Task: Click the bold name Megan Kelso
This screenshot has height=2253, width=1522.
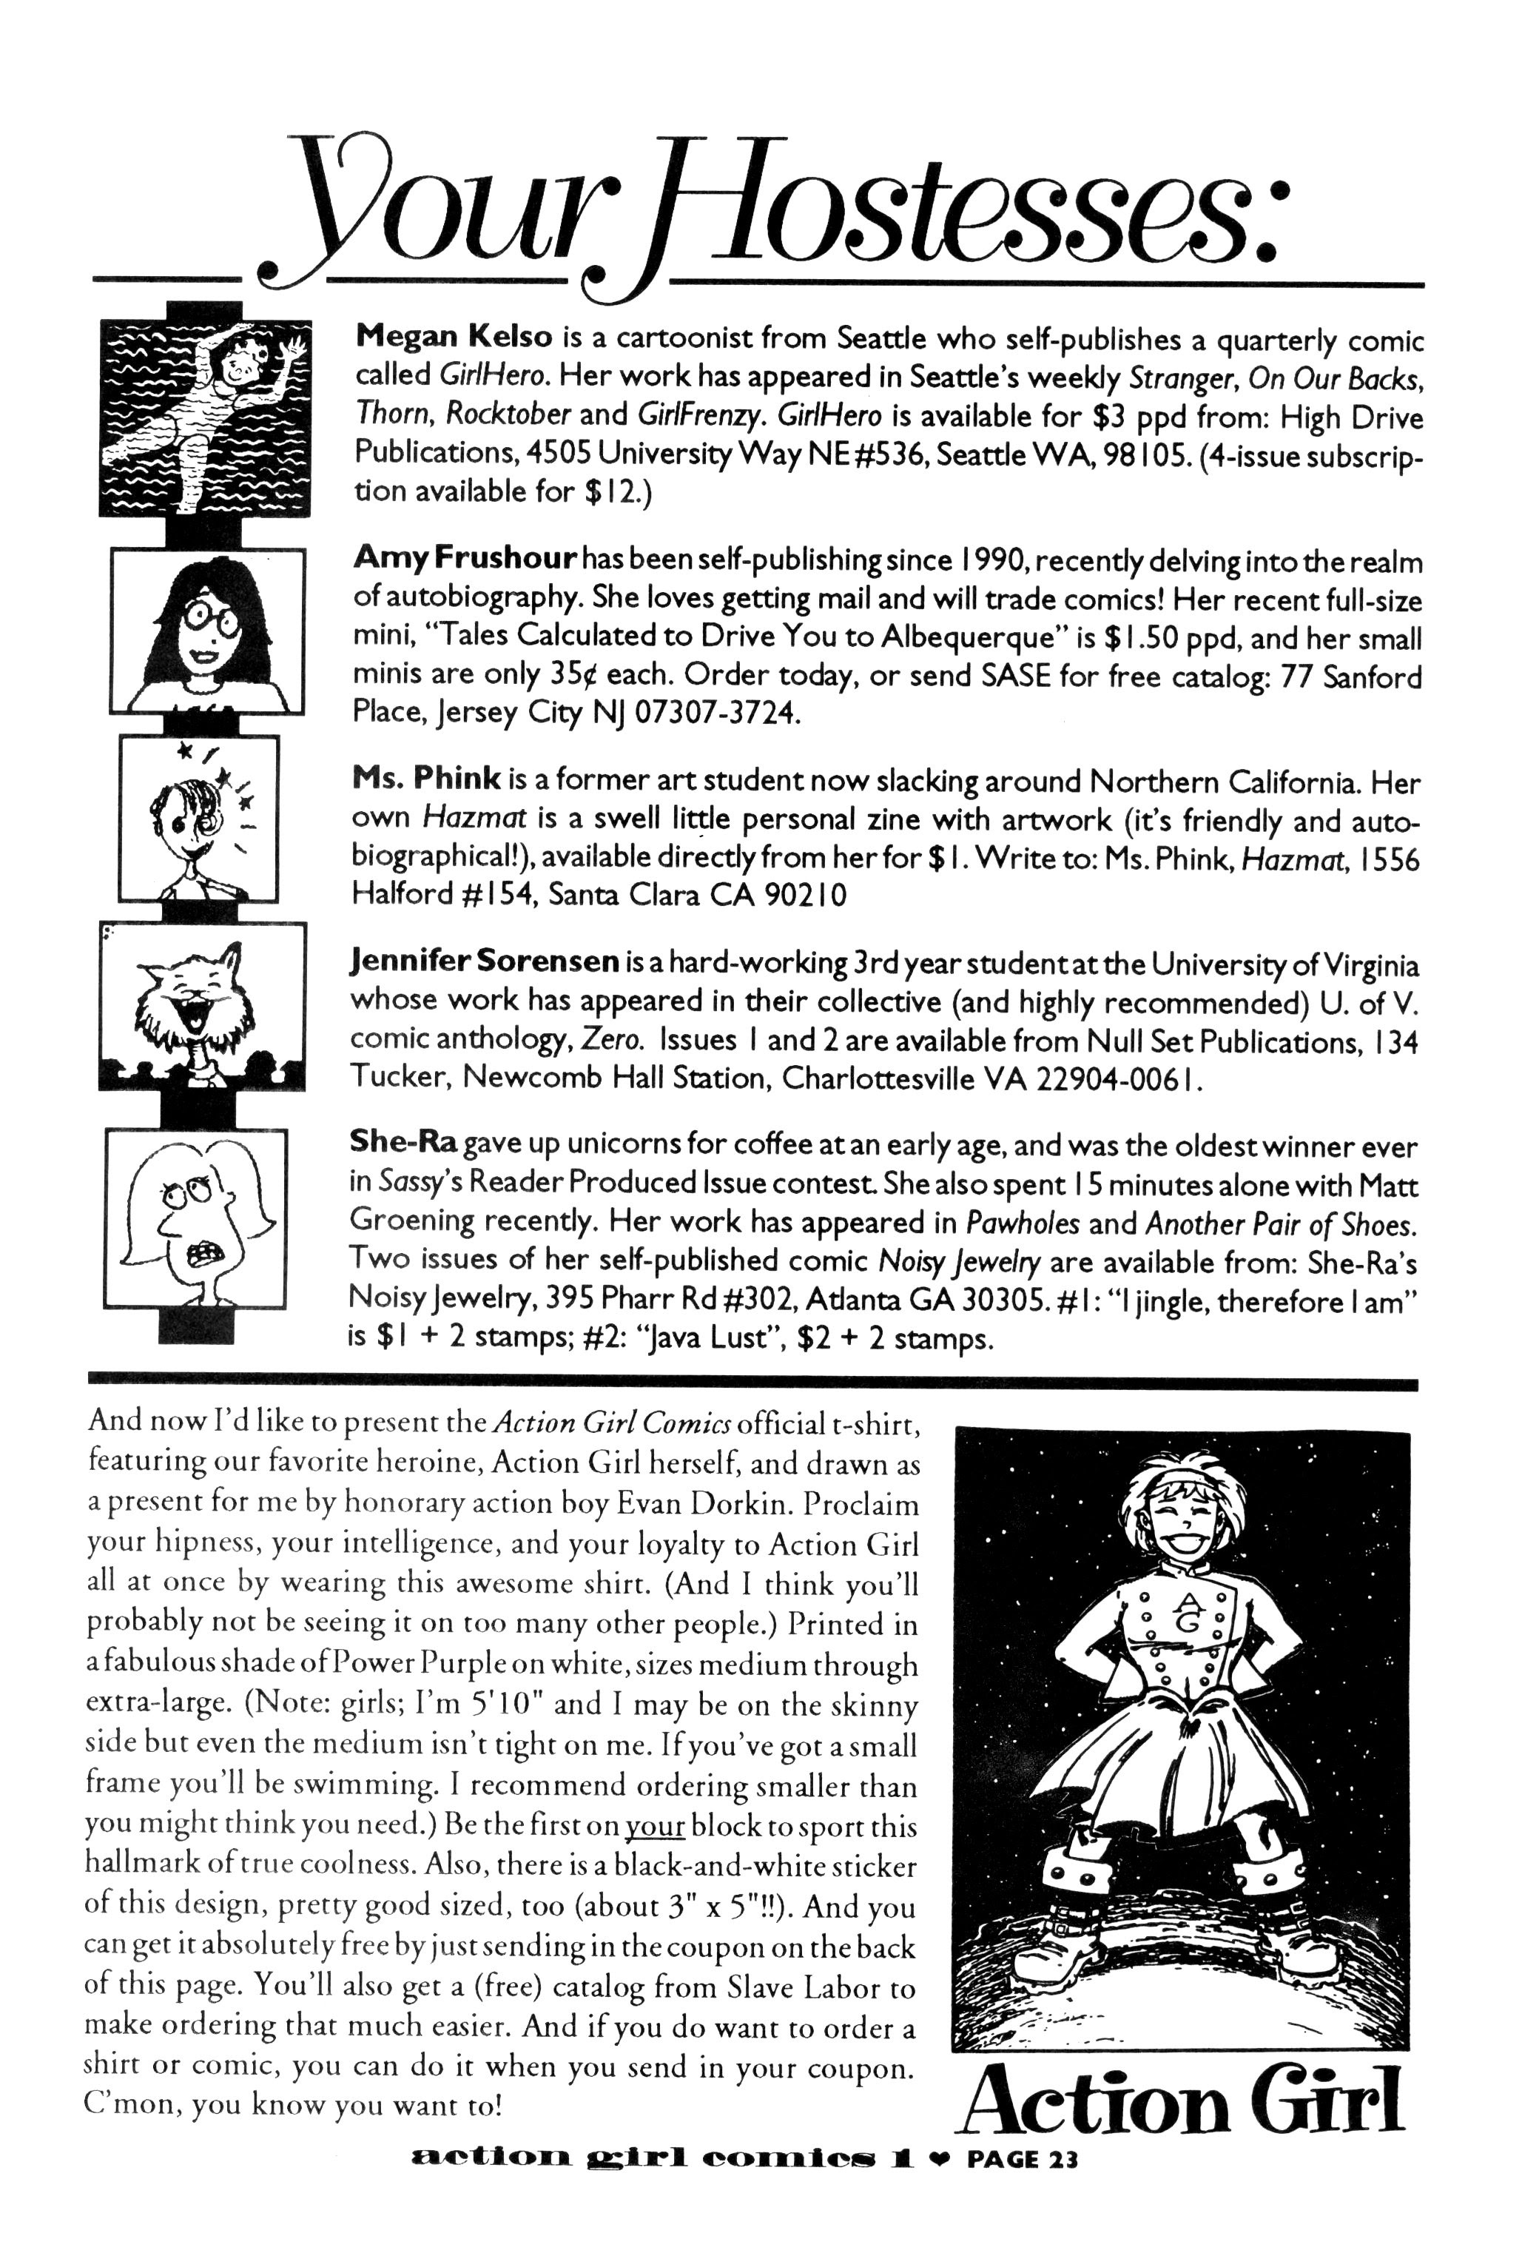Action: tap(454, 337)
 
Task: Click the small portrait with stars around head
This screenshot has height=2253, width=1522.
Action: tap(199, 818)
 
